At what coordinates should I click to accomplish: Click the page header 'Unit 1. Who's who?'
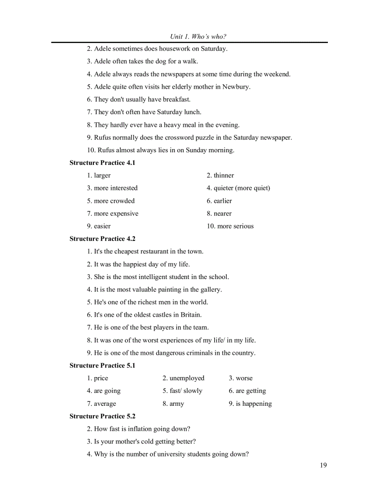198,37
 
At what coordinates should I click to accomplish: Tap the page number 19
323,465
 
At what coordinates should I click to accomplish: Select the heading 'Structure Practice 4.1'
102,163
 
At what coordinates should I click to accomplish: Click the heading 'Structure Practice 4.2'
102,239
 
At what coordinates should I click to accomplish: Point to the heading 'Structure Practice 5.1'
102,365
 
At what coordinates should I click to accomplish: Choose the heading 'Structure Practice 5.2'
102,416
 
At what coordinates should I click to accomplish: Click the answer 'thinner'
224,176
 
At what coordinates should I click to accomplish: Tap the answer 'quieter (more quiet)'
242,188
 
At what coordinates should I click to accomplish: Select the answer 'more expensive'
116,214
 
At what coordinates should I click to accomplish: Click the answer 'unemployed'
187,378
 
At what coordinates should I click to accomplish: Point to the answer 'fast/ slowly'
186,391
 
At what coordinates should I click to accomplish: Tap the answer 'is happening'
254,404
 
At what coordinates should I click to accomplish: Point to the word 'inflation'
137,429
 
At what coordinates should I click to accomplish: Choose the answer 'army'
177,404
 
